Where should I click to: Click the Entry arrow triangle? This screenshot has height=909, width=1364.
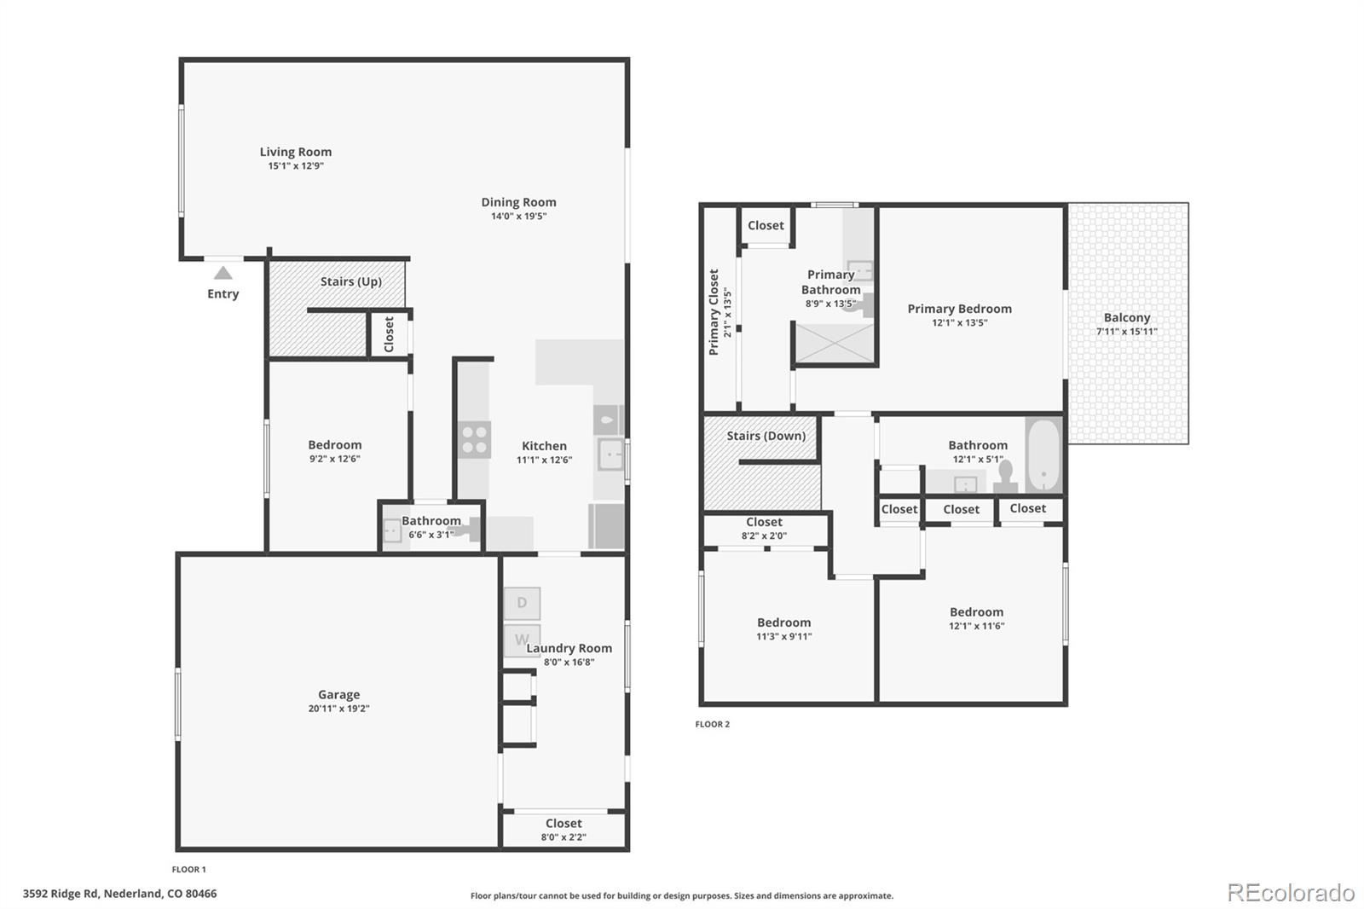pyautogui.click(x=223, y=273)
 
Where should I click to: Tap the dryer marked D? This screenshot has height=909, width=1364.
pyautogui.click(x=522, y=603)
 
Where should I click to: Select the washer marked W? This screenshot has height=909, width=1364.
pyautogui.click(x=522, y=640)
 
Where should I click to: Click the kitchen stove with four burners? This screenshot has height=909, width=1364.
pyautogui.click(x=474, y=440)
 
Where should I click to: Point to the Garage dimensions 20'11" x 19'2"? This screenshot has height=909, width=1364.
pyautogui.click(x=338, y=709)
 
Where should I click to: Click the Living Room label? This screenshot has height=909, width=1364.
pyautogui.click(x=296, y=152)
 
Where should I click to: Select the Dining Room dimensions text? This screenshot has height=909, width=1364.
pyautogui.click(x=518, y=217)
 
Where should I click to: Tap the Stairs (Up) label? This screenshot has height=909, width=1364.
pyautogui.click(x=350, y=281)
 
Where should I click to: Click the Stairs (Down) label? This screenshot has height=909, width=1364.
pyautogui.click(x=766, y=436)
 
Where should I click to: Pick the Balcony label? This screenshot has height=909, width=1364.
pyautogui.click(x=1126, y=317)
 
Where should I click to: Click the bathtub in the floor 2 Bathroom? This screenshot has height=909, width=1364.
pyautogui.click(x=1043, y=456)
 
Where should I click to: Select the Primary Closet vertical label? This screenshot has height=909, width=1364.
pyautogui.click(x=714, y=312)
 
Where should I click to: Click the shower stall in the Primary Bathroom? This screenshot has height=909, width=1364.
pyautogui.click(x=835, y=343)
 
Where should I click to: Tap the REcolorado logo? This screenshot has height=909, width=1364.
pyautogui.click(x=1290, y=893)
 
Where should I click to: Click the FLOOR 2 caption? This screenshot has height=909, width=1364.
pyautogui.click(x=712, y=725)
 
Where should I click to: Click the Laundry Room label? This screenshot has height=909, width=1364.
pyautogui.click(x=569, y=648)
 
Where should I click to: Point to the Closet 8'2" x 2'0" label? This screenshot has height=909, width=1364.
pyautogui.click(x=764, y=522)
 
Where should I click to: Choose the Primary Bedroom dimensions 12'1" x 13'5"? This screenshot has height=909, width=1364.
pyautogui.click(x=959, y=323)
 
